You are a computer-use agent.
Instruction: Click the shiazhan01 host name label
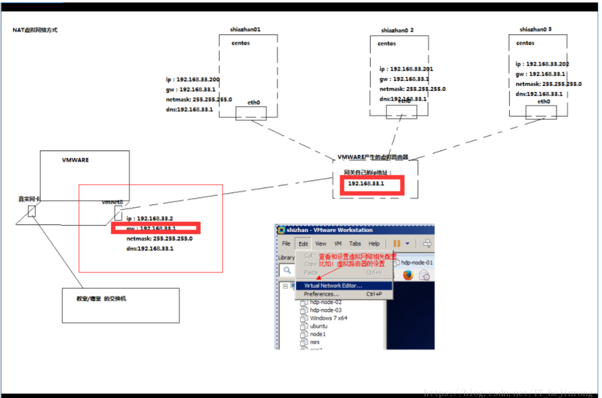[246, 29]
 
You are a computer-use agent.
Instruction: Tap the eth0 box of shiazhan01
[251, 113]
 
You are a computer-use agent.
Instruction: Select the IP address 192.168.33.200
[193, 80]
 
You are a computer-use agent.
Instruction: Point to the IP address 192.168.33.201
[407, 69]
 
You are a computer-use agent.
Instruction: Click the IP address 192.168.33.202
[542, 64]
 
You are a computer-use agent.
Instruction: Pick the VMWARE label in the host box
[75, 160]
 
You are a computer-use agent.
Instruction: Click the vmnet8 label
[113, 202]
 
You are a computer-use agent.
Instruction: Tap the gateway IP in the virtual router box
[366, 184]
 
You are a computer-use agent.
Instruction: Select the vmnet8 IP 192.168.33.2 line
[150, 218]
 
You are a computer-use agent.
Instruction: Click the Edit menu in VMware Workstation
[303, 244]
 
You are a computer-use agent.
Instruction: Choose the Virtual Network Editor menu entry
[333, 286]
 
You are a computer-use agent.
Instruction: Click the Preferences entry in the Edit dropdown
[322, 294]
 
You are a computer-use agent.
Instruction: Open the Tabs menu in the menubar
[355, 244]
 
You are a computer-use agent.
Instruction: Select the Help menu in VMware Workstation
[374, 244]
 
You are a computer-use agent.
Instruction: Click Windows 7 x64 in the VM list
[328, 318]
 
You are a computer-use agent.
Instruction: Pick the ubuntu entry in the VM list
[319, 326]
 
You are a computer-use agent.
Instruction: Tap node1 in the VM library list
[318, 334]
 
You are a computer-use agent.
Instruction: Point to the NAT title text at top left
[35, 30]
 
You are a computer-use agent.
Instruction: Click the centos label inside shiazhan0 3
[526, 43]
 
